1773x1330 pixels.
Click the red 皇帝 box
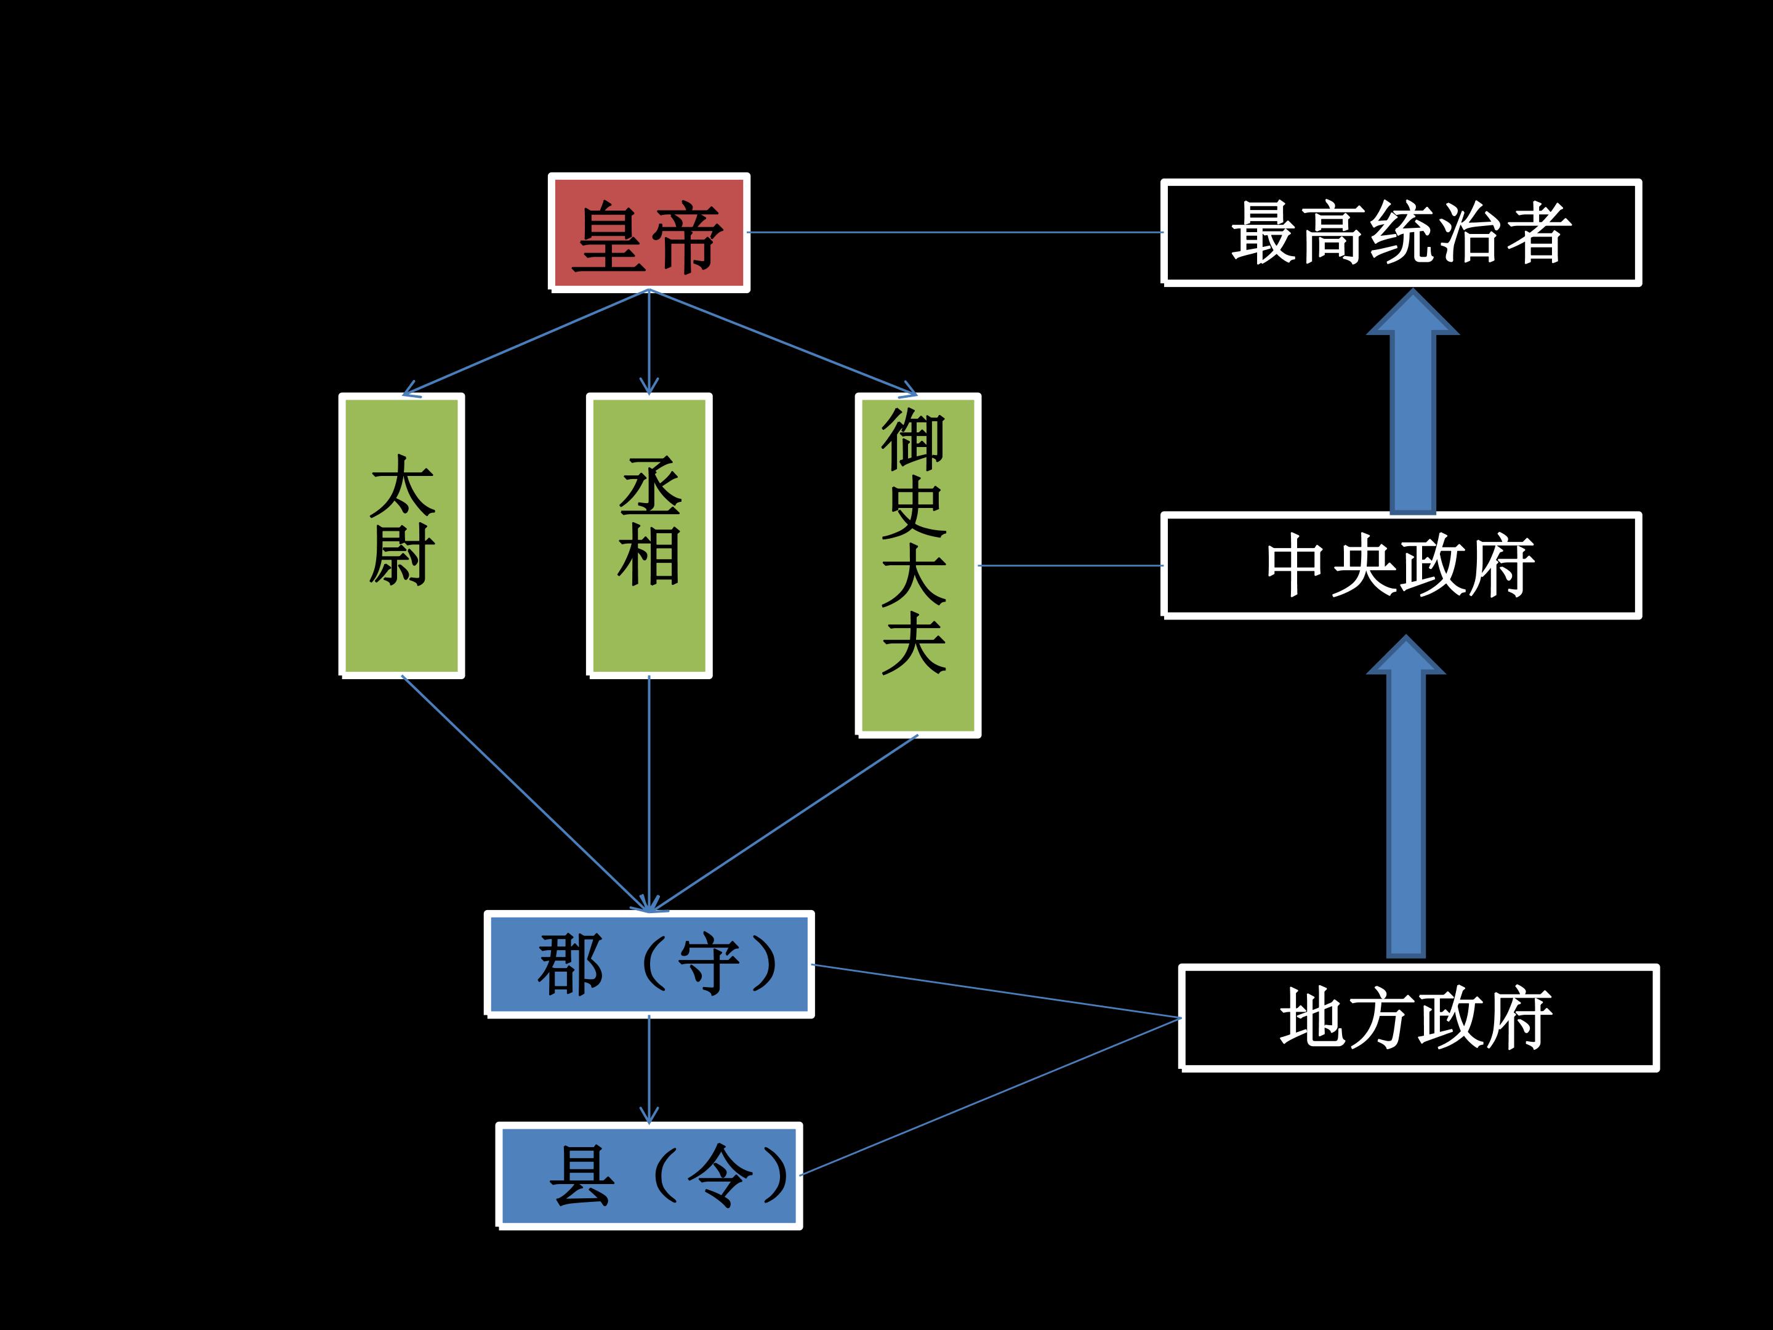[x=648, y=233]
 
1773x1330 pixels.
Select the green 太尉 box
[x=401, y=536]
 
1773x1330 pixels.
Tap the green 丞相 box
[x=648, y=536]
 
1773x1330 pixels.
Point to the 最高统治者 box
[x=1401, y=233]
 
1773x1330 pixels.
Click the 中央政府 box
[x=1401, y=565]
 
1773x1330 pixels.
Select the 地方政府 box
[x=1418, y=1017]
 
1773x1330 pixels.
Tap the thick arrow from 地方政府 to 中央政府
[x=1406, y=802]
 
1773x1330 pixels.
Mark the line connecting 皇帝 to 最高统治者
[x=954, y=233]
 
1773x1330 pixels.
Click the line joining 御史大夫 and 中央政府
[x=1070, y=565]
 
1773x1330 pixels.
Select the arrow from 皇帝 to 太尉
[x=525, y=342]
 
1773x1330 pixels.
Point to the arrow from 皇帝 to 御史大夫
[x=781, y=342]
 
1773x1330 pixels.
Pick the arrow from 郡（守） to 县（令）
[x=648, y=1070]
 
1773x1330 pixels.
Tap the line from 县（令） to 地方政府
[x=990, y=1096]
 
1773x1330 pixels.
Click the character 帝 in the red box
[x=687, y=237]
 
